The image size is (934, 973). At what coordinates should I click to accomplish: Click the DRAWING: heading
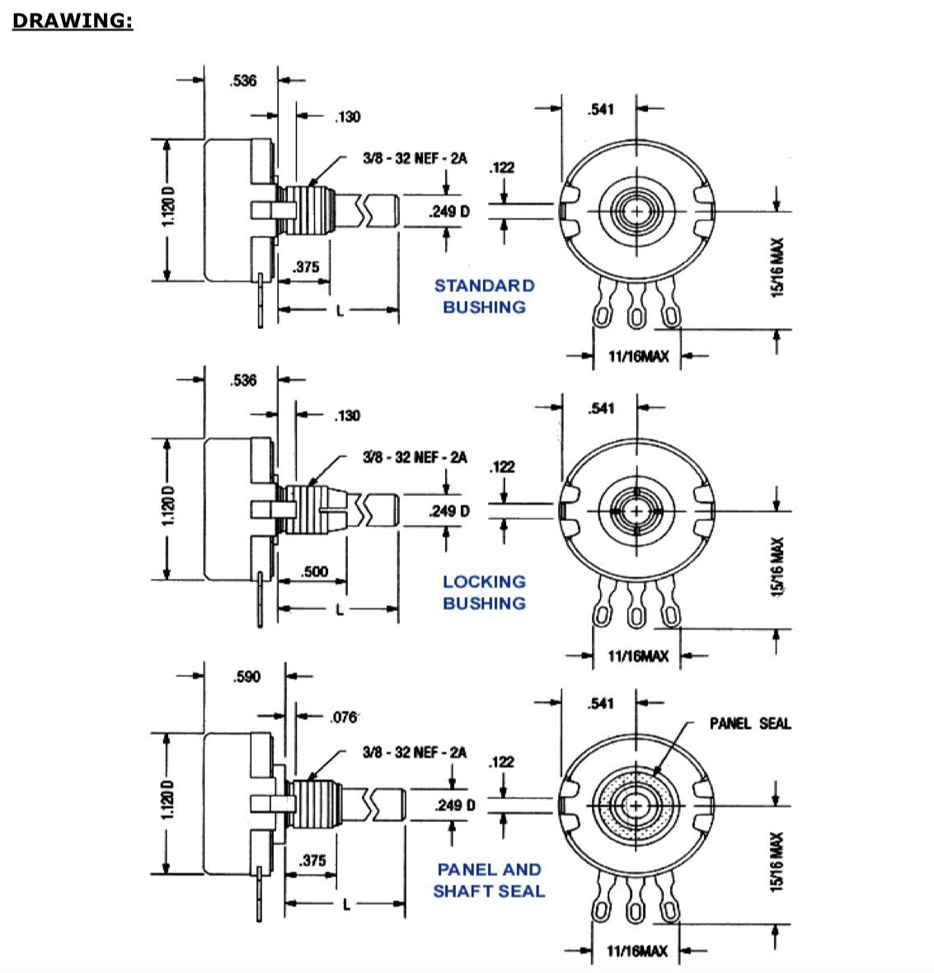(73, 21)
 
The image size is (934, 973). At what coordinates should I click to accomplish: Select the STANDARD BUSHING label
(484, 296)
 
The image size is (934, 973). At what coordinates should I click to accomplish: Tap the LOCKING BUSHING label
(484, 592)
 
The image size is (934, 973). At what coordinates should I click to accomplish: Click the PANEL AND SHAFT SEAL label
(489, 880)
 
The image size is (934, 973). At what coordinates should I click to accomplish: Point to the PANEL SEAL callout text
(749, 723)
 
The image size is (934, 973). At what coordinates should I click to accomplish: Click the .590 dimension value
(246, 677)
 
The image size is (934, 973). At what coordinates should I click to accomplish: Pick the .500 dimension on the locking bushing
(313, 571)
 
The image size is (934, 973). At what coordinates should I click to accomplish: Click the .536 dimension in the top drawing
(242, 81)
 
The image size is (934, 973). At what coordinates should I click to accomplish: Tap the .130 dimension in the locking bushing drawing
(347, 416)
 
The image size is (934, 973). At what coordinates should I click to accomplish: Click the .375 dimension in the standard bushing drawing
(305, 267)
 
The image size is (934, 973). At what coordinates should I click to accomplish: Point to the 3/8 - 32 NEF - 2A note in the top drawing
(415, 158)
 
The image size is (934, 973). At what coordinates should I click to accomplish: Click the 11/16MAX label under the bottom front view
(637, 951)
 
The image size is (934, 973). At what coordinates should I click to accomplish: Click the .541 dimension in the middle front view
(601, 408)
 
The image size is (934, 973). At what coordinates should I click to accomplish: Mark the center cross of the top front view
(636, 211)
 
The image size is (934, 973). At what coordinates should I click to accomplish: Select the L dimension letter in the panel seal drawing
(346, 905)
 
